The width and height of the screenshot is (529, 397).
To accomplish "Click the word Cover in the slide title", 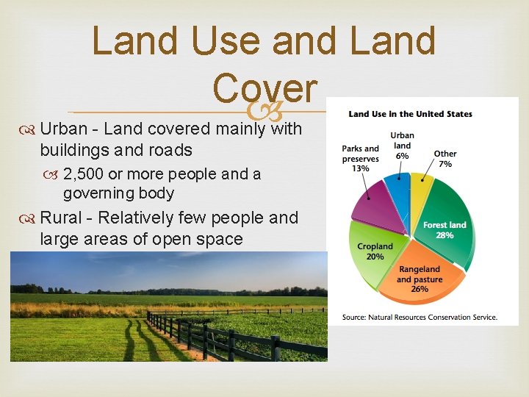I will (x=265, y=88).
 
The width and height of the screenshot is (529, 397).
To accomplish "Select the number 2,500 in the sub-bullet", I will (x=84, y=174).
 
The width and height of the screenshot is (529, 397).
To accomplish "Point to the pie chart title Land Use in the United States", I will (x=410, y=114).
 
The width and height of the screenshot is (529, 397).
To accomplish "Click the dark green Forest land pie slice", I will (x=441, y=221).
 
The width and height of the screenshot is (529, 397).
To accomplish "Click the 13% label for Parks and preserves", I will (x=360, y=168).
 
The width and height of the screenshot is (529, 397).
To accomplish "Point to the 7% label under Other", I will (x=445, y=163).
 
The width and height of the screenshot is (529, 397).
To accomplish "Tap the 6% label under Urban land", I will (x=402, y=155).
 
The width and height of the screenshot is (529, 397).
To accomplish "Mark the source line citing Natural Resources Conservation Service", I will (x=420, y=318).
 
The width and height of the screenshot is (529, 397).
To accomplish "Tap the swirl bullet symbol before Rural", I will (x=30, y=218).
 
